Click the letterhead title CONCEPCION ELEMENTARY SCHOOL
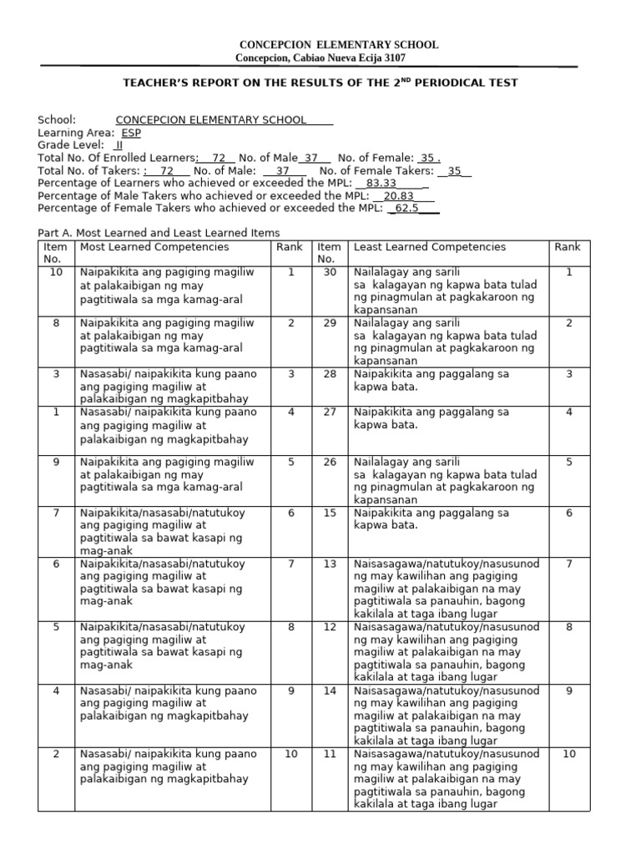click(339, 44)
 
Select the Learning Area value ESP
click(131, 133)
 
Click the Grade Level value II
click(119, 145)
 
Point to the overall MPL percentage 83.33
click(381, 183)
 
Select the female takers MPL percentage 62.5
click(406, 208)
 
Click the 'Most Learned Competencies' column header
click(154, 247)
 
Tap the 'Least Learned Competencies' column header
click(430, 247)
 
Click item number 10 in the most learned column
click(56, 272)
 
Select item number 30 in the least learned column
click(330, 272)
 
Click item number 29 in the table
click(330, 322)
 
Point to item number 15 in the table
click(330, 513)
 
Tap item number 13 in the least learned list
click(330, 564)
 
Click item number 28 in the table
click(330, 373)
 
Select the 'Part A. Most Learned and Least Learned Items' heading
click(159, 233)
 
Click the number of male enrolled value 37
click(311, 158)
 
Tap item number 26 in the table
click(330, 462)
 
